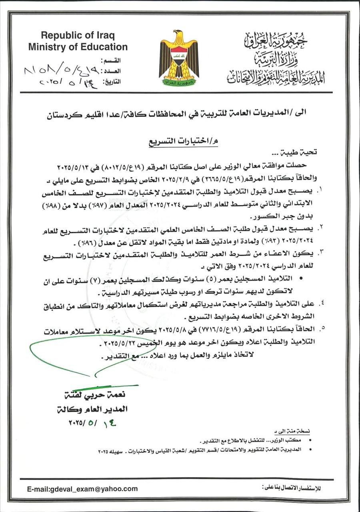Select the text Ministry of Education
[x=78, y=47]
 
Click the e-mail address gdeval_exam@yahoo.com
[x=82, y=489]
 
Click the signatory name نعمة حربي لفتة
[x=98, y=395]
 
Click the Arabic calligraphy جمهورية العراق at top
[x=276, y=40]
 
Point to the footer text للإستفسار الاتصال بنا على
[x=292, y=488]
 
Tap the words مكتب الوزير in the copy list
[x=288, y=440]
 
